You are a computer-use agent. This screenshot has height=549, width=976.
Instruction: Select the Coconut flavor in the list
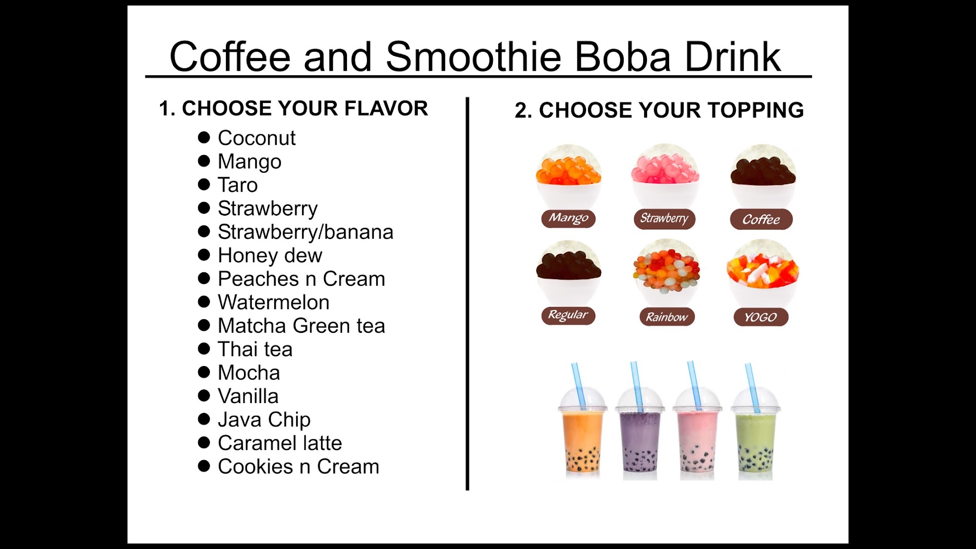point(257,138)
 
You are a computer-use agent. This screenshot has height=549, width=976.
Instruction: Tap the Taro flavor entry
point(238,185)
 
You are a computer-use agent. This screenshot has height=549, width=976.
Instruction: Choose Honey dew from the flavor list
point(270,255)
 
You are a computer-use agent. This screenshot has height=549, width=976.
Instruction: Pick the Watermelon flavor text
point(274,302)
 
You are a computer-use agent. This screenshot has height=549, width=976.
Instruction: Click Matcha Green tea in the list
point(302,325)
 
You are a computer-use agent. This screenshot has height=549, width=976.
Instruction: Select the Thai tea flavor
point(255,349)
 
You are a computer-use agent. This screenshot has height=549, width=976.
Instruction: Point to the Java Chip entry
point(264,420)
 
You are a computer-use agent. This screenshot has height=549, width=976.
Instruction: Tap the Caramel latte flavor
point(280,443)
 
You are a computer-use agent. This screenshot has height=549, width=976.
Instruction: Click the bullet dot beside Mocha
point(204,372)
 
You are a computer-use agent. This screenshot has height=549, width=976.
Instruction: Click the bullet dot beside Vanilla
point(204,396)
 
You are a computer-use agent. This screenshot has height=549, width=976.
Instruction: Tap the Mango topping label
point(569,218)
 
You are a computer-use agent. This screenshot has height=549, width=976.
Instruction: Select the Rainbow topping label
point(667,317)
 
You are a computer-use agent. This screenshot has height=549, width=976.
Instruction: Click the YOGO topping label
point(761,317)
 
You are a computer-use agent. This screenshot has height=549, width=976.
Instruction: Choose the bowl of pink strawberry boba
point(665,176)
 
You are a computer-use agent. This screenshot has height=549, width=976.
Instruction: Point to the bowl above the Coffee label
point(763,176)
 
